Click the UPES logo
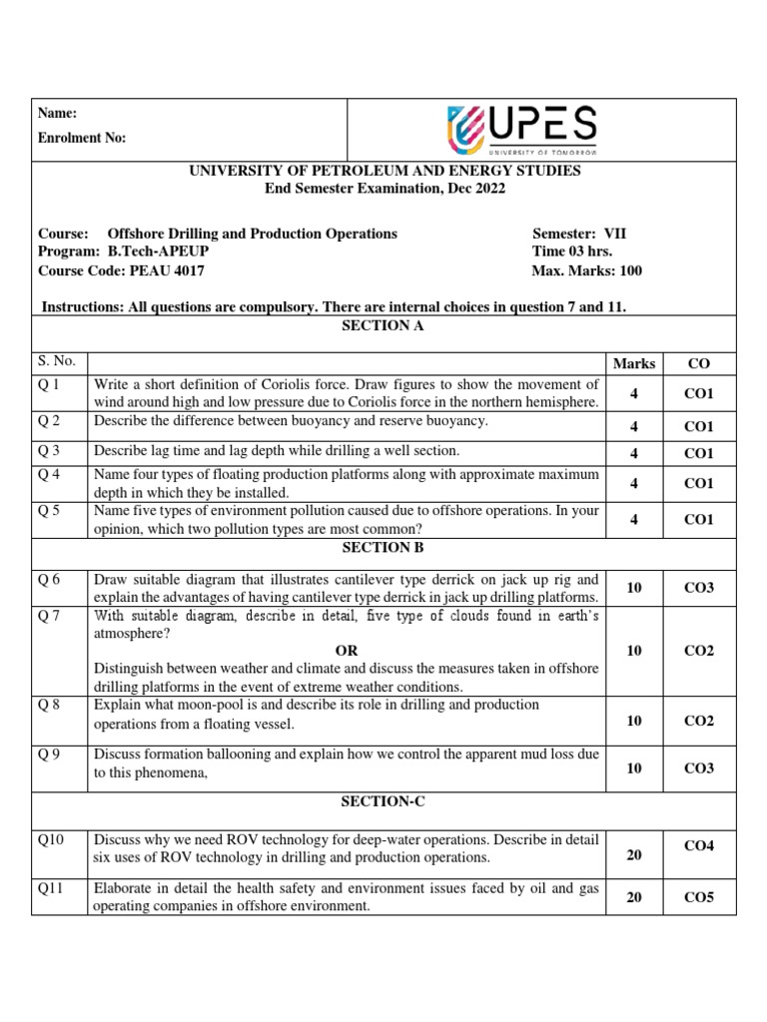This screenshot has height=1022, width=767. tap(522, 130)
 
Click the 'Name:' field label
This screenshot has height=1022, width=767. tap(58, 114)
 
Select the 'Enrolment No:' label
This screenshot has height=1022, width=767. tap(83, 139)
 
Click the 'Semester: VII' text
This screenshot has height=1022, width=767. tap(580, 234)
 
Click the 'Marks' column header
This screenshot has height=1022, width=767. tap(634, 364)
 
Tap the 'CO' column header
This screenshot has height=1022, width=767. tap(699, 364)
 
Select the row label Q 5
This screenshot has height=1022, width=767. tap(50, 510)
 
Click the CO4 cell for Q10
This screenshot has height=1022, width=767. tap(699, 846)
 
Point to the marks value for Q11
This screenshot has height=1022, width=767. tap(634, 897)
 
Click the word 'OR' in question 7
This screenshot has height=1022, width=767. tap(347, 651)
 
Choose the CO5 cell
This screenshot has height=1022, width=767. tap(699, 897)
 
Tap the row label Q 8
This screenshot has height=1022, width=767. tap(50, 705)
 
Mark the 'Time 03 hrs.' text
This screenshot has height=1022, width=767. tap(572, 252)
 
